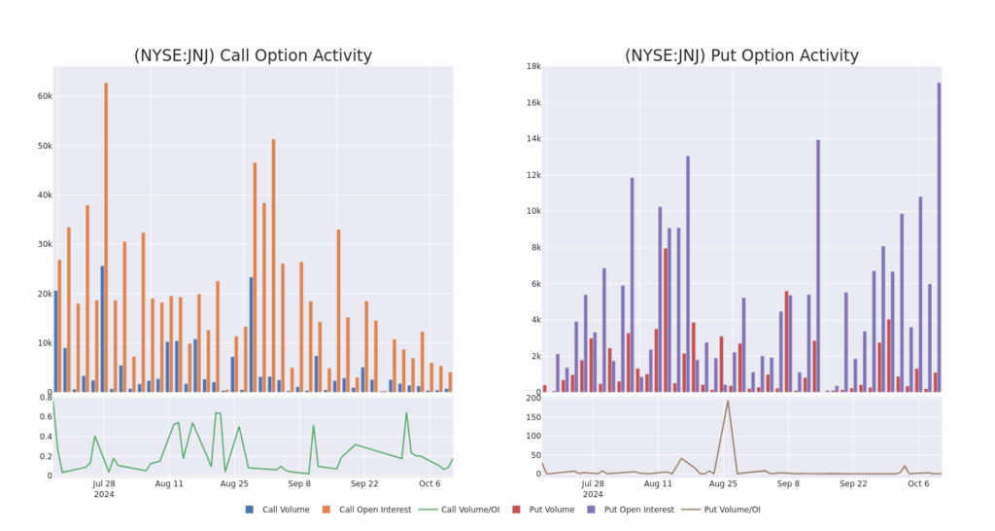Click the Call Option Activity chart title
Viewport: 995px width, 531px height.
pyautogui.click(x=253, y=55)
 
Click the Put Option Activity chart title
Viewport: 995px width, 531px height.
pyautogui.click(x=741, y=55)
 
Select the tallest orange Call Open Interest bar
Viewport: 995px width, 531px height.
pyautogui.click(x=106, y=233)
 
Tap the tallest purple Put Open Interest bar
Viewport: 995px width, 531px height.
pyautogui.click(x=939, y=233)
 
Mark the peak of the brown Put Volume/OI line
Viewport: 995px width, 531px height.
pyautogui.click(x=728, y=402)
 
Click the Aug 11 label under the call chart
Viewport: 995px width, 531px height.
pyautogui.click(x=169, y=482)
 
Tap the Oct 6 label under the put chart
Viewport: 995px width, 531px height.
pyautogui.click(x=919, y=482)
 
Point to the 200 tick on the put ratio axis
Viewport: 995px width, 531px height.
pyautogui.click(x=532, y=397)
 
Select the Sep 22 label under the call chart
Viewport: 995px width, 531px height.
pyautogui.click(x=364, y=482)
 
